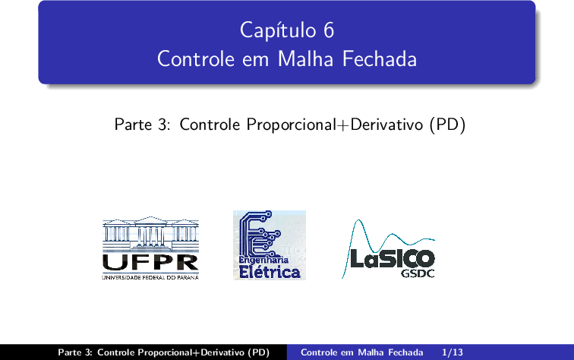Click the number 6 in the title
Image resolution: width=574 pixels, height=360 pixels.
(329, 30)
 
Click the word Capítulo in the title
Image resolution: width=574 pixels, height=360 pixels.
(278, 31)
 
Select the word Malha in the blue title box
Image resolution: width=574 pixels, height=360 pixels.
(305, 59)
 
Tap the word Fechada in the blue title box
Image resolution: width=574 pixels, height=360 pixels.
(380, 59)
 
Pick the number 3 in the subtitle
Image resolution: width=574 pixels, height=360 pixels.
(163, 125)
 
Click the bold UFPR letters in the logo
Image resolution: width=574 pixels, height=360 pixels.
(150, 263)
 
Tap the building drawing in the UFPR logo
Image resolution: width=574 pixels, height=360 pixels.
(150, 233)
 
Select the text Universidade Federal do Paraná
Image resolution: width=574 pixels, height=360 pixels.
(150, 278)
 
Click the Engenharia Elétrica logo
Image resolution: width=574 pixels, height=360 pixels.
(270, 245)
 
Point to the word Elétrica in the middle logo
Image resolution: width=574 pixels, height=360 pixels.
(270, 272)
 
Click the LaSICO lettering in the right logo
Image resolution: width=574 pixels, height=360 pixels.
(392, 258)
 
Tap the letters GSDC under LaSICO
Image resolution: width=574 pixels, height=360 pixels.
(418, 273)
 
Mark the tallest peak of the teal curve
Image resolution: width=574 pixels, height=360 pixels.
(358, 220)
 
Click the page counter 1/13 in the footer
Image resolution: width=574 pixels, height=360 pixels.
(452, 352)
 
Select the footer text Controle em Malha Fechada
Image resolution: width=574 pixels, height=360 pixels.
(361, 352)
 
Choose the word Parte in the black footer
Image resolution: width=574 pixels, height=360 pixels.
(70, 352)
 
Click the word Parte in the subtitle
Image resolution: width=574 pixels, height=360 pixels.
(133, 125)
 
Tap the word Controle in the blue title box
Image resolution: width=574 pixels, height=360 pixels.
(196, 59)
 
